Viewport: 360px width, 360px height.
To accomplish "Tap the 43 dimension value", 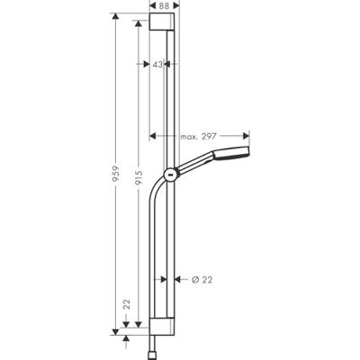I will [x=158, y=65].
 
